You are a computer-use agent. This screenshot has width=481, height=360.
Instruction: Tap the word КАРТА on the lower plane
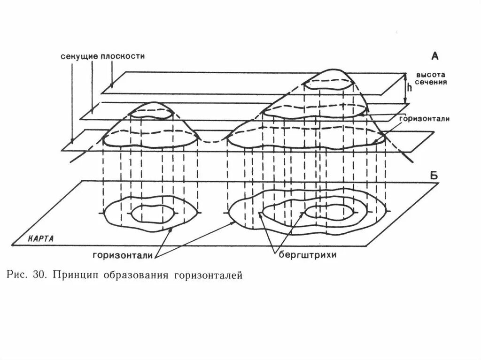pos(40,238)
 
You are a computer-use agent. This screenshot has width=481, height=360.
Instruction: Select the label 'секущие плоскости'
pos(102,56)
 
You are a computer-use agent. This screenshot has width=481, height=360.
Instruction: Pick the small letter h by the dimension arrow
pos(410,87)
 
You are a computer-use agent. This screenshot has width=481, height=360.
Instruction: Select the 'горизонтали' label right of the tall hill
pos(425,119)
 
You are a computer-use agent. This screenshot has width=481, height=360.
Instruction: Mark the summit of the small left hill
pos(151,103)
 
